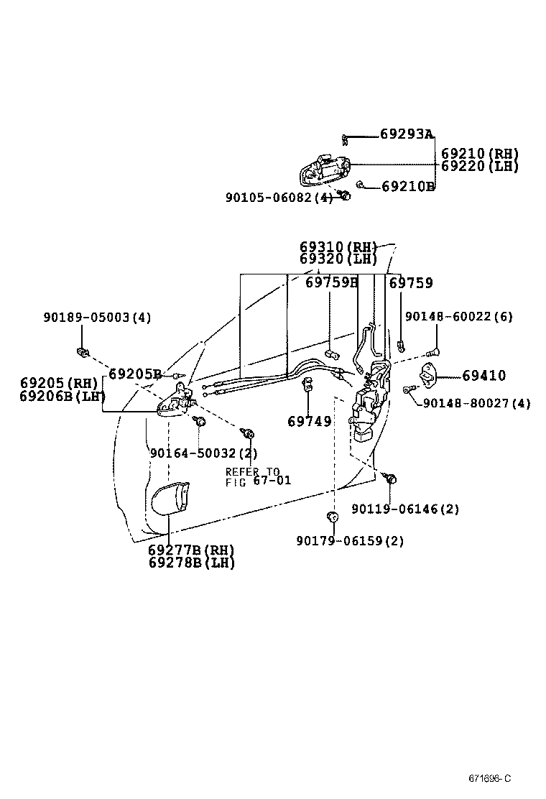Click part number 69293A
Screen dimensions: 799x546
click(x=407, y=134)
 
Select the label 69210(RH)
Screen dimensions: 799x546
click(x=479, y=154)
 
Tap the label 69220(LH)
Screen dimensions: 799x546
click(x=479, y=166)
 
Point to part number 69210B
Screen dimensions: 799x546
click(x=408, y=187)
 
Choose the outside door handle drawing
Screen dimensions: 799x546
click(x=325, y=170)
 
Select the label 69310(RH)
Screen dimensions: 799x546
click(x=338, y=247)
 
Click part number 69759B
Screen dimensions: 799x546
click(x=331, y=283)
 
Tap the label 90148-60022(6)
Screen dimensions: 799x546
click(x=459, y=317)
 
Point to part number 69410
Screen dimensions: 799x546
click(x=483, y=375)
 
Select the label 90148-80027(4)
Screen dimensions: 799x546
click(x=476, y=403)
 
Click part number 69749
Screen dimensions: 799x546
click(x=310, y=421)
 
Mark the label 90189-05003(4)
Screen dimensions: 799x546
click(x=97, y=317)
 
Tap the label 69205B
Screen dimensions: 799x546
click(x=135, y=374)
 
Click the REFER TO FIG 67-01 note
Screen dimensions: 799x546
click(x=258, y=476)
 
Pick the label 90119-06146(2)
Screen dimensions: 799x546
click(x=405, y=509)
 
